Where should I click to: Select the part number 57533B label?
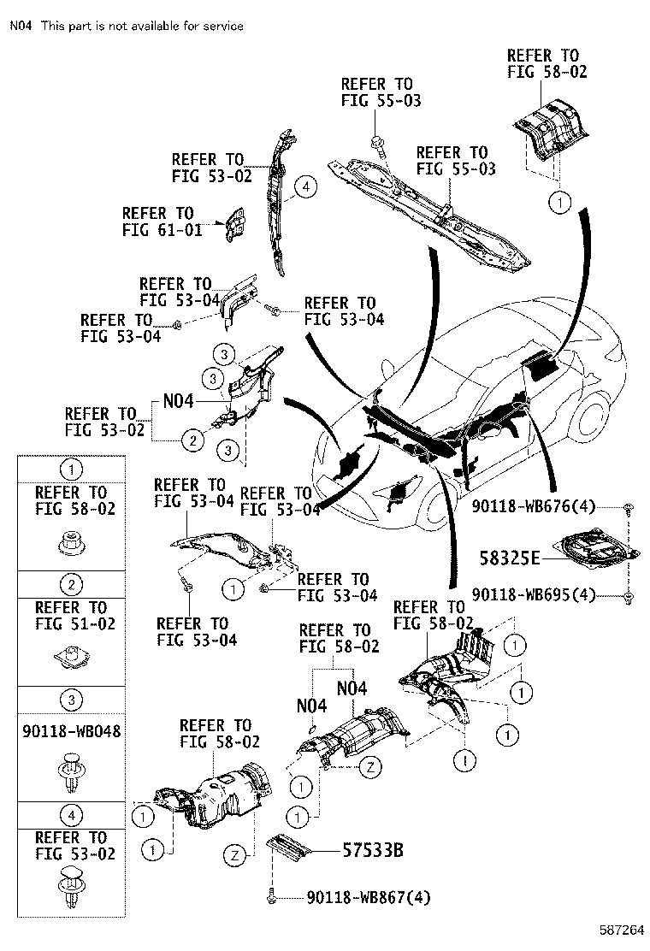(x=372, y=851)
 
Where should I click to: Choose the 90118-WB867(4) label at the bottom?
(x=369, y=897)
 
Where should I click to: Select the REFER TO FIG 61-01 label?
(x=157, y=221)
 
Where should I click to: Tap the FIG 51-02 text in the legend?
(x=71, y=623)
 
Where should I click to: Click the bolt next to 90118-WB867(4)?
(x=272, y=896)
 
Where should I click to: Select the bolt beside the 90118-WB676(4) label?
(x=629, y=508)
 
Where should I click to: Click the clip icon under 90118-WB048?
(x=71, y=772)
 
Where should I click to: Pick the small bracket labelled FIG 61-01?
(x=233, y=225)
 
